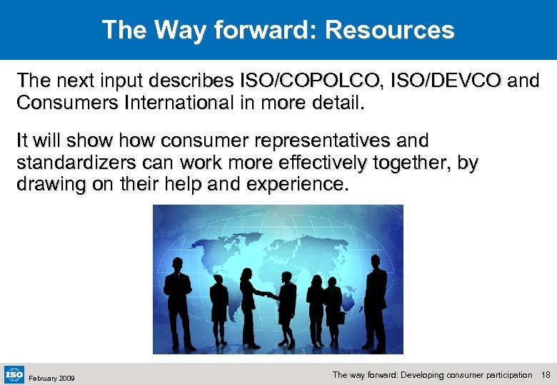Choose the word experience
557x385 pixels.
coord(296,185)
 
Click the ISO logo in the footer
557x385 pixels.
coord(14,374)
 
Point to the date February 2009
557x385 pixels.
coord(52,376)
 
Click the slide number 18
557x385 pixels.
coord(546,374)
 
